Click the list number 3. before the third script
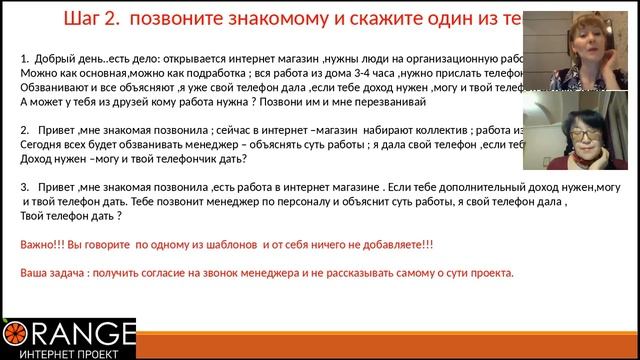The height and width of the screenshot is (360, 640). (25, 186)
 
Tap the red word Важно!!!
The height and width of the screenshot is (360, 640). (42, 244)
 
